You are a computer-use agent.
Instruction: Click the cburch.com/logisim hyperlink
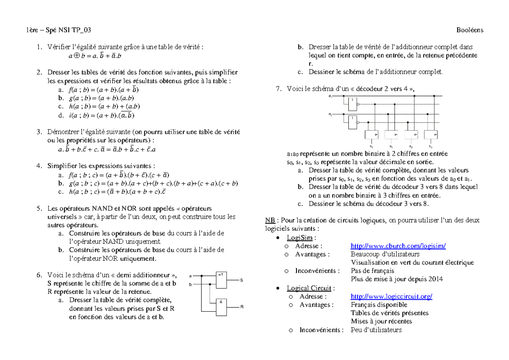coord(398,246)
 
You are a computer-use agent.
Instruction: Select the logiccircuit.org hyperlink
coord(392,296)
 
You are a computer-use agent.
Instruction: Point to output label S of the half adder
coord(241,281)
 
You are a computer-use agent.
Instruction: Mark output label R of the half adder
coord(241,307)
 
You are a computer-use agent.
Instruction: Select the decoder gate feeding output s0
coord(372,135)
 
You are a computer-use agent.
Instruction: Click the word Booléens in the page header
coord(470,30)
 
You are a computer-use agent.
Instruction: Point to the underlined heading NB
coord(269,220)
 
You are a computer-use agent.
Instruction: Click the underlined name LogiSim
coord(297,237)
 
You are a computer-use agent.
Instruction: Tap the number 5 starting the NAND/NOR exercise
coord(39,209)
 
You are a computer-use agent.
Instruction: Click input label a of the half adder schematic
coord(190,276)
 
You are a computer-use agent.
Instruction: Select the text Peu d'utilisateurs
coord(376,330)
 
